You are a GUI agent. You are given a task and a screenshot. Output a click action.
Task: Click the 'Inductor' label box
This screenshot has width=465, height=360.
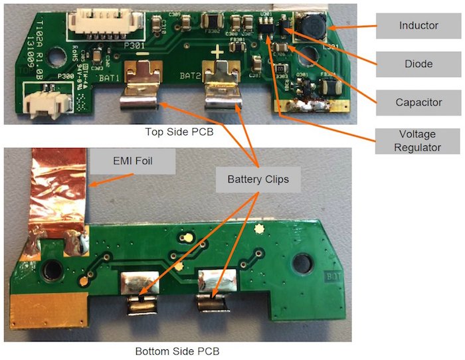coord(418,26)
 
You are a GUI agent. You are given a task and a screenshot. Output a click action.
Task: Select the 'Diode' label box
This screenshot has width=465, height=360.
coord(418,64)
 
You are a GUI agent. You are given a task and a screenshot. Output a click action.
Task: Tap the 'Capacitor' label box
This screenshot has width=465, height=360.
coord(418,102)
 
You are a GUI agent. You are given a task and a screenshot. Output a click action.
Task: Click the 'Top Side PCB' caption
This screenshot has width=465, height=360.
coord(179,132)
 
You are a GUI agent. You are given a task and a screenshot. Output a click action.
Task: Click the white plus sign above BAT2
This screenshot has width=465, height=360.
coord(217,51)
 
